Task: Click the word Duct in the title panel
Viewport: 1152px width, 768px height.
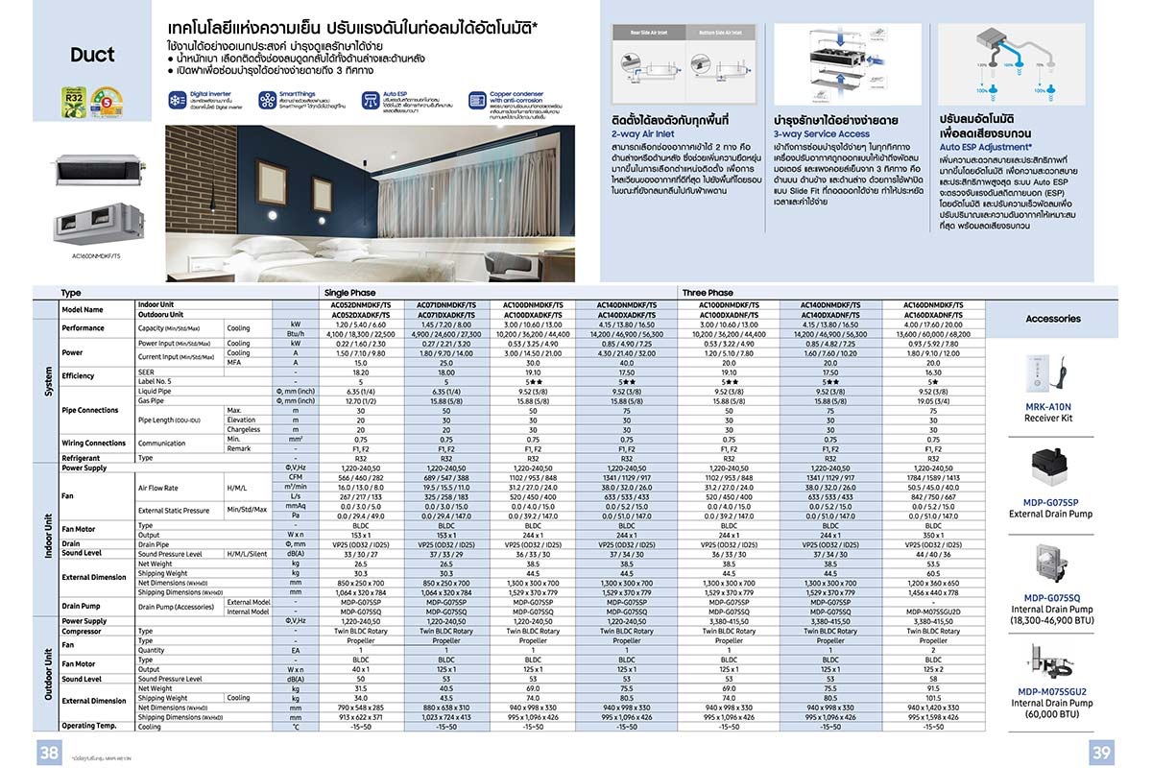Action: (92, 54)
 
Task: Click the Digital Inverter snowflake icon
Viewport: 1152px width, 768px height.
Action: (177, 100)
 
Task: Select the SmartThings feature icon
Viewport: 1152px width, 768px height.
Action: (268, 100)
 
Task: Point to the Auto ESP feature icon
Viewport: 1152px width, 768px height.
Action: (371, 99)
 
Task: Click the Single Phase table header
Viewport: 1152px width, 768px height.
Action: (349, 293)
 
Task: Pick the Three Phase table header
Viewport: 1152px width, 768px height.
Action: (708, 293)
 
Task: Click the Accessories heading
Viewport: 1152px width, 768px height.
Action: (1053, 319)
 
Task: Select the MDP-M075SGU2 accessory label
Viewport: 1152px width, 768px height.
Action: (1051, 691)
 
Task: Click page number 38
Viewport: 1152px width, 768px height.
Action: (49, 753)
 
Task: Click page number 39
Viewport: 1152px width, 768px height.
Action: (1101, 753)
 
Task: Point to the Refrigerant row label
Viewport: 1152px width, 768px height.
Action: (81, 458)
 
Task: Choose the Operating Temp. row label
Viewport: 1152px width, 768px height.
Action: (90, 727)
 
